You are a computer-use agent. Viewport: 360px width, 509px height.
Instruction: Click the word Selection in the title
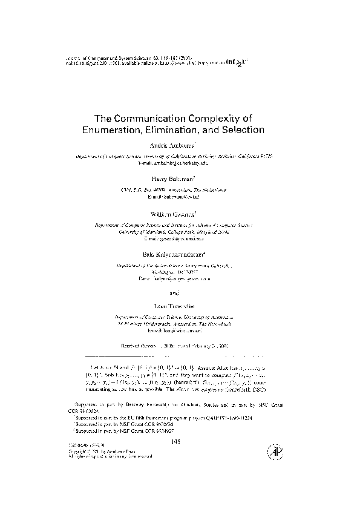point(241,130)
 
